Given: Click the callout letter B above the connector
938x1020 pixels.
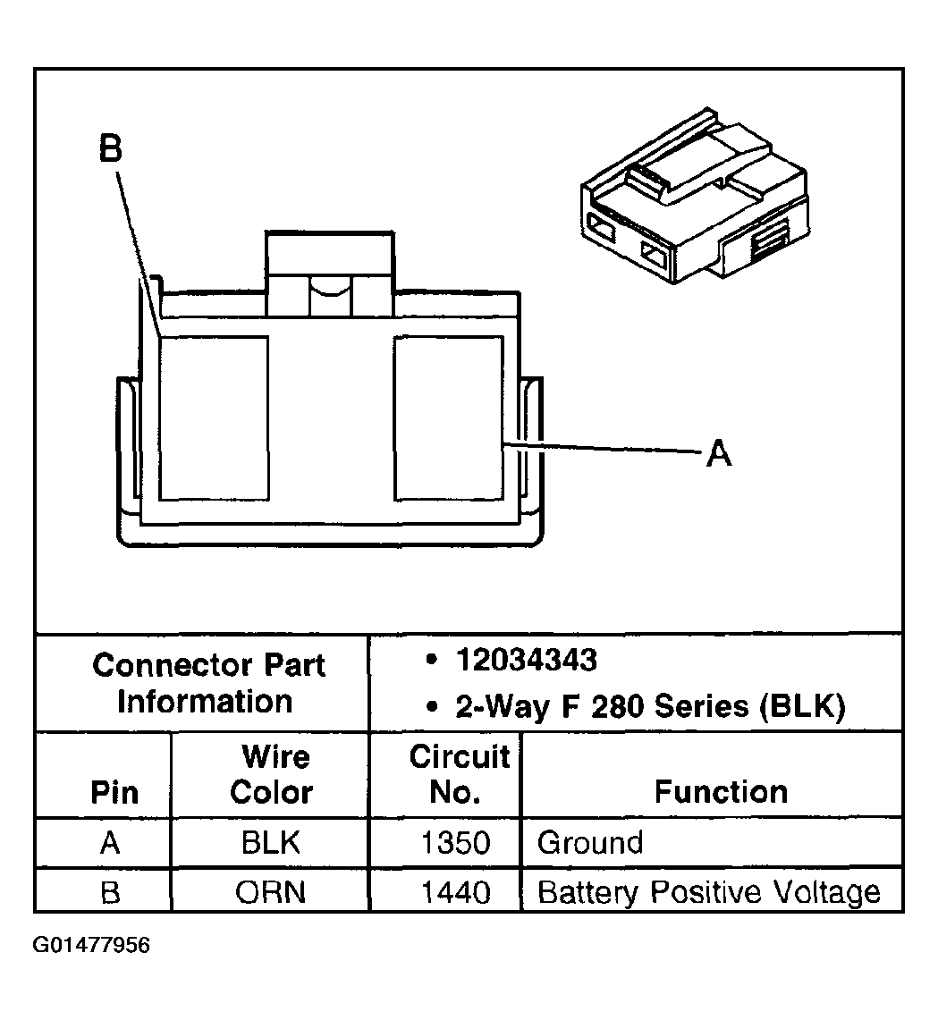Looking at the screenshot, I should pos(110,149).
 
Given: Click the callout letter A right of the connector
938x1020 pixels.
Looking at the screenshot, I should pos(718,455).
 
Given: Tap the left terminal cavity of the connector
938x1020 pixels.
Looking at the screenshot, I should pos(214,417).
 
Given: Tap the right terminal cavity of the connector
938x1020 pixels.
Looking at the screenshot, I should pos(448,417).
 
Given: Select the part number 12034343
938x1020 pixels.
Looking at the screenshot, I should pos(526,661).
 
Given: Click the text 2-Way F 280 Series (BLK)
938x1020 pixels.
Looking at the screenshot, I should pos(650,707).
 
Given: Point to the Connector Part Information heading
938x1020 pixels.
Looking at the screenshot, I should pos(207,683).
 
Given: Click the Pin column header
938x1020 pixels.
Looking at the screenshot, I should pos(115,793).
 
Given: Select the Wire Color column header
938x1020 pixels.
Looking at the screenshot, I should pos(272,775).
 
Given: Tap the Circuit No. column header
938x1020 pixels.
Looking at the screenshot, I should pos(459,774).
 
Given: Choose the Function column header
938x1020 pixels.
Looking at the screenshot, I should pos(721,792).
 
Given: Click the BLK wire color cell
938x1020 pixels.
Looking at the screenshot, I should pos(270,843).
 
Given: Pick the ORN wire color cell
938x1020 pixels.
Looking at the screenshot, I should pos(270,892).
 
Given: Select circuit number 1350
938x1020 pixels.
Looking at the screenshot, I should pos(457,843).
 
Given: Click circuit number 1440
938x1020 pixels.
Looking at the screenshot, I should pos(457,892).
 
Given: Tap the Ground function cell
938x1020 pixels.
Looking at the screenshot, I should pos(590,843).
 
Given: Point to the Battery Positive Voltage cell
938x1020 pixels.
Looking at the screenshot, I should pos(708,892).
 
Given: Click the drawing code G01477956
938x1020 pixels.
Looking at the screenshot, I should pos(92,945).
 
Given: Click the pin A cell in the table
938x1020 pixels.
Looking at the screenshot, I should pos(110,843).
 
